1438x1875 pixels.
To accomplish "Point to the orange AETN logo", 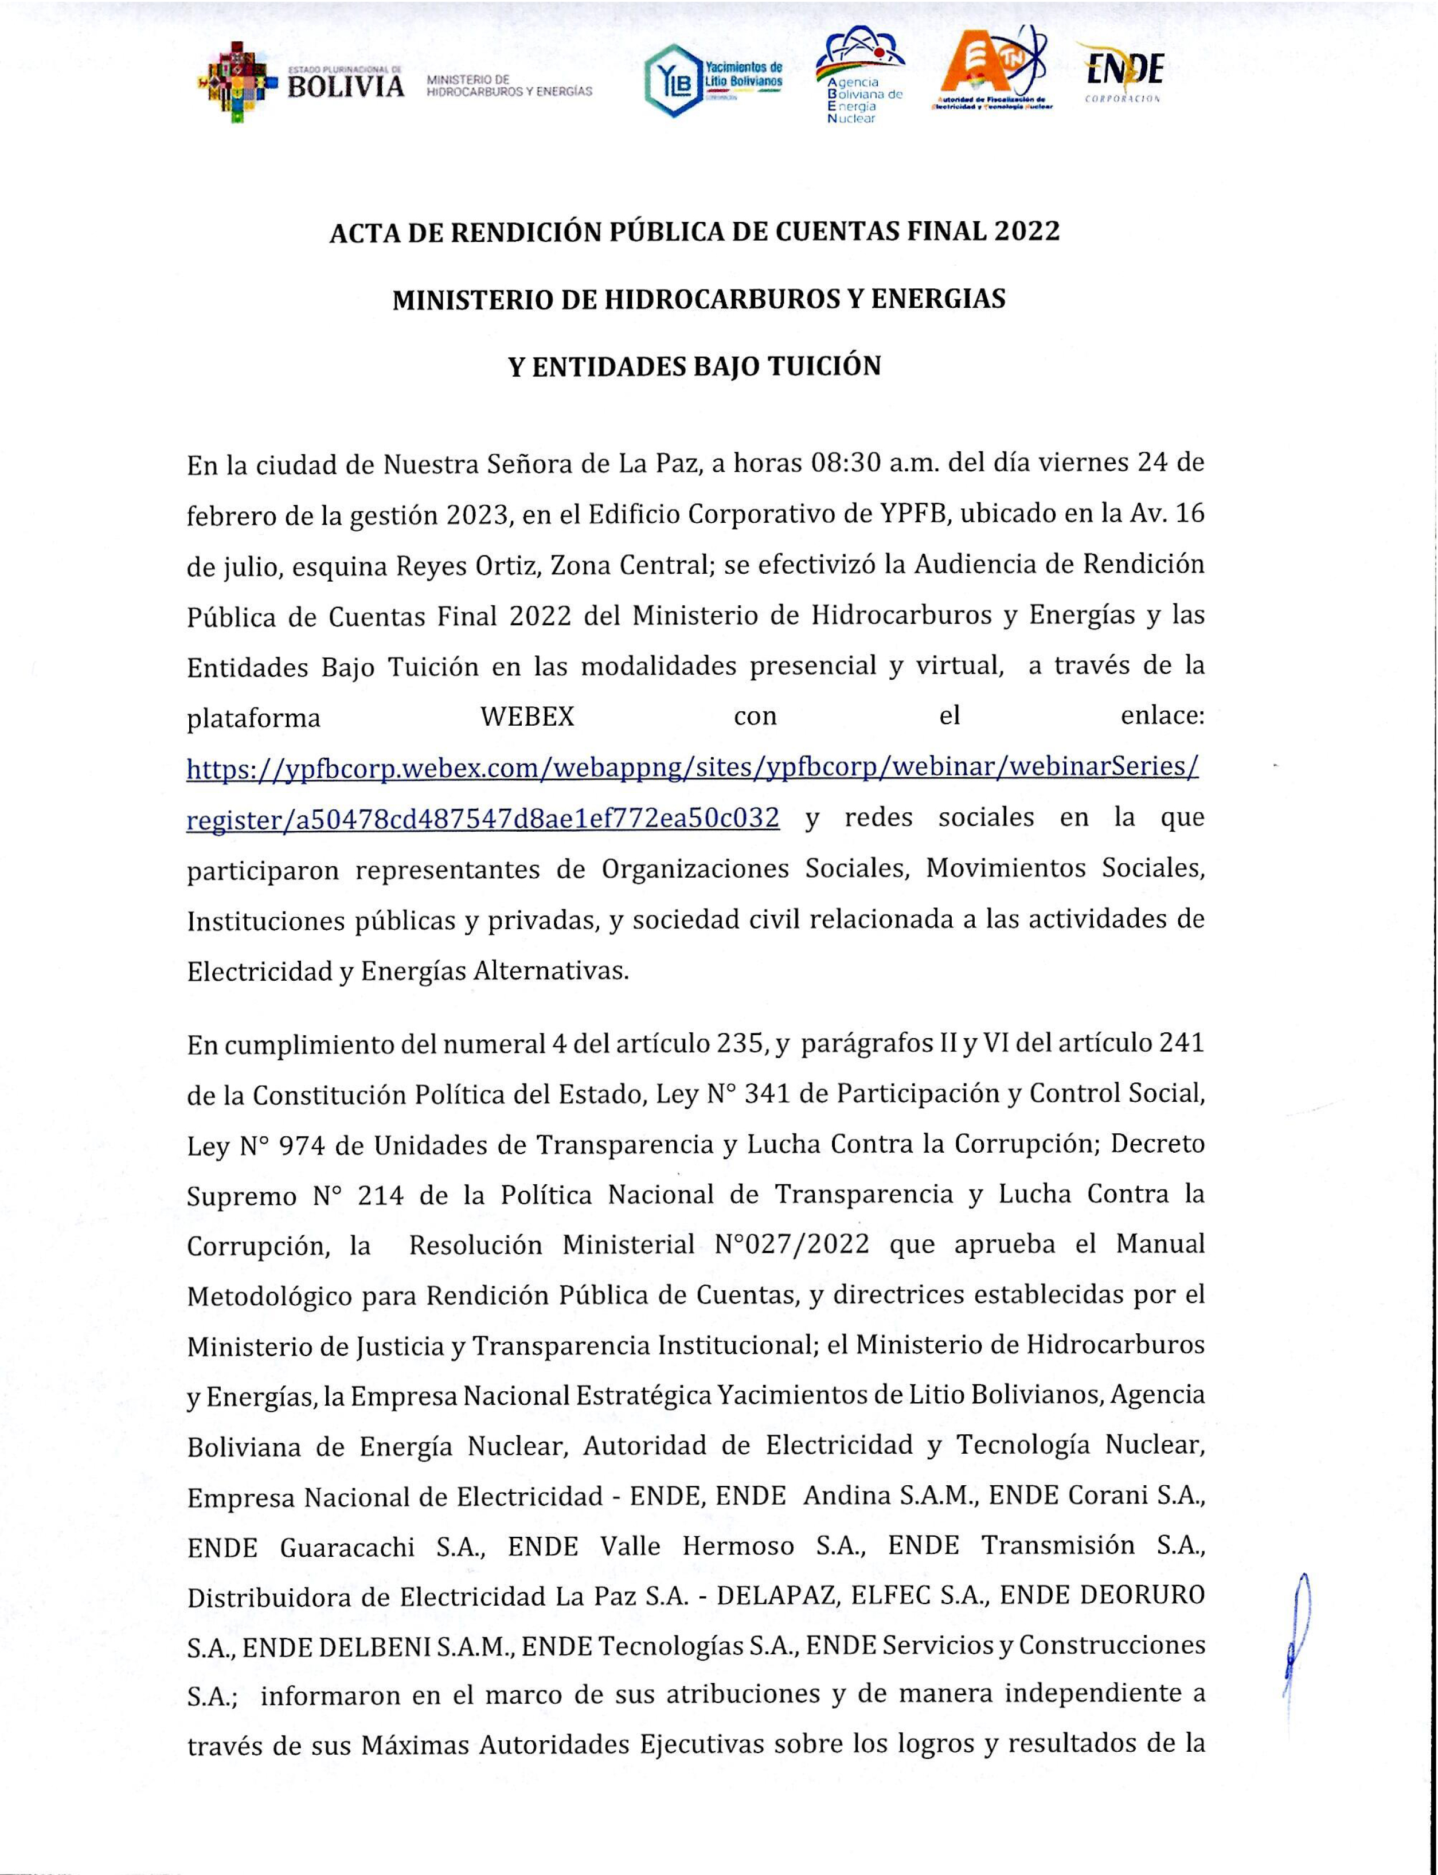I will tap(993, 73).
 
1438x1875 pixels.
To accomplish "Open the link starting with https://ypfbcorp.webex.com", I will tap(693, 768).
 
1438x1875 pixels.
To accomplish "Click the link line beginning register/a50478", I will tap(483, 819).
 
